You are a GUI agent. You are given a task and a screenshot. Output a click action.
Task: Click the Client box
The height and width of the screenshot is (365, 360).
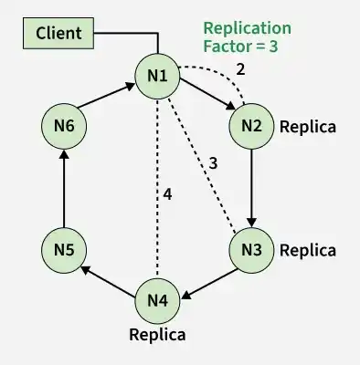[58, 33]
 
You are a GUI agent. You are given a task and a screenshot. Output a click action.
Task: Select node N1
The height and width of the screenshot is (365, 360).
[157, 76]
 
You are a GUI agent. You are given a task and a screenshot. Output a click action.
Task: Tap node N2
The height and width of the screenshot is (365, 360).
[251, 126]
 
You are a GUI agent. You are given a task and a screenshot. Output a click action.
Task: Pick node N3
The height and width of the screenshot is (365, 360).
[251, 250]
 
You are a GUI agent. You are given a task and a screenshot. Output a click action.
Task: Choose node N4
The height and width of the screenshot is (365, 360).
[157, 300]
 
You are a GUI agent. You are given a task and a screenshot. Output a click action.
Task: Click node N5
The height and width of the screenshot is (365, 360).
[64, 250]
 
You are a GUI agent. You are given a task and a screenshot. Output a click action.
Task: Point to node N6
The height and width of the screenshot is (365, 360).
[64, 126]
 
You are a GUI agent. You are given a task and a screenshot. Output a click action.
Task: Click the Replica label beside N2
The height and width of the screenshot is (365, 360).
[308, 127]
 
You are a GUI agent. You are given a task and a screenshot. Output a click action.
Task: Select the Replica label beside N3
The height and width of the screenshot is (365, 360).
[308, 251]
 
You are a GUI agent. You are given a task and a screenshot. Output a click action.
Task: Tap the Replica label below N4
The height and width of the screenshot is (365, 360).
[157, 335]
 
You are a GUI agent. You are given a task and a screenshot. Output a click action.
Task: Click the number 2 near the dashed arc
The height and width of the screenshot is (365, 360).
[240, 69]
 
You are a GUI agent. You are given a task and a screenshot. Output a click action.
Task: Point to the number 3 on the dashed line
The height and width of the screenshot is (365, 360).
[214, 163]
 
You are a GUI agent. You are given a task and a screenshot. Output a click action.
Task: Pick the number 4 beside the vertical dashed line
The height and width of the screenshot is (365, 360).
[167, 194]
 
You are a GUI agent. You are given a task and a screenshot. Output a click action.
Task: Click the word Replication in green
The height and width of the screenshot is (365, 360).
[247, 28]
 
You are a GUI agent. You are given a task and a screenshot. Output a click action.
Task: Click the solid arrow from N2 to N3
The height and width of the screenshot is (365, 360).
[251, 188]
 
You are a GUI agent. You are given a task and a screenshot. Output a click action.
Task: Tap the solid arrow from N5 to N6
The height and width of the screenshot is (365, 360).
[64, 188]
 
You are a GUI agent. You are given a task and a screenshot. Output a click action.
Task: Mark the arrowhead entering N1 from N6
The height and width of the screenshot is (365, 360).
[131, 86]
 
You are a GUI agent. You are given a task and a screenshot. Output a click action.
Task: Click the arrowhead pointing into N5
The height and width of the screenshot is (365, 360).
[86, 269]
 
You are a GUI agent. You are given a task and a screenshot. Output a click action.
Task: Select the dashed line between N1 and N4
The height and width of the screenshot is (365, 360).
[157, 188]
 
